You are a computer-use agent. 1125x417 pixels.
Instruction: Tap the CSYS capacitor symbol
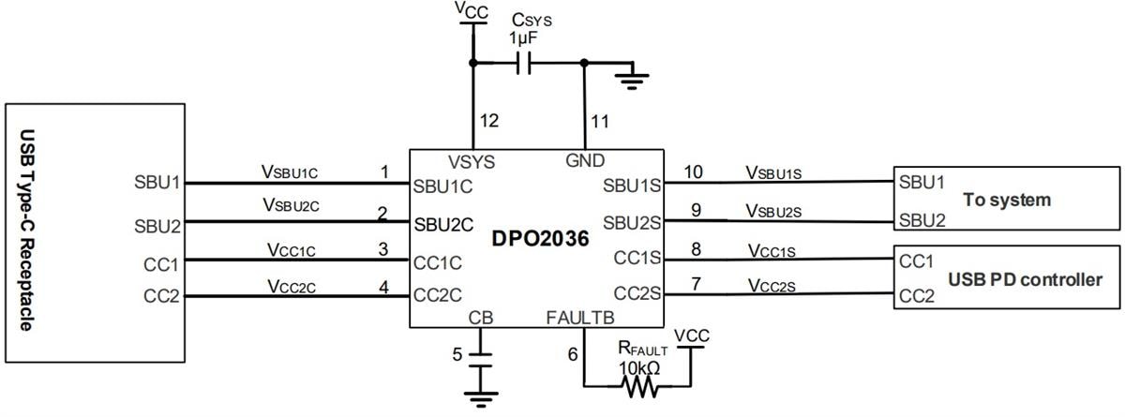pos(526,64)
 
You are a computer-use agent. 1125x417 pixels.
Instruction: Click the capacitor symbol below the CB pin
pos(481,358)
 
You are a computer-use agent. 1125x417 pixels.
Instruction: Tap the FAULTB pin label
pos(579,318)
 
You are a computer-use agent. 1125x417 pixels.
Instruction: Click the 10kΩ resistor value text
pos(639,367)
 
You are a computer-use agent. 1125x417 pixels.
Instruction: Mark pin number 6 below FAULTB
pos(574,353)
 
